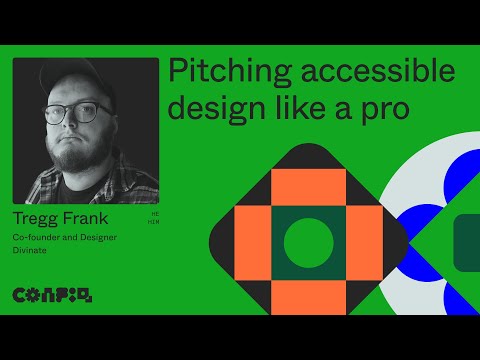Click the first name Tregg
point(38,219)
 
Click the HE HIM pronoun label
point(153,218)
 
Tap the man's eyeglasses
point(79,111)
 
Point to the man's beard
point(80,150)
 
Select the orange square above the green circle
point(308,187)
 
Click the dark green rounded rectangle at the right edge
point(466,243)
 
